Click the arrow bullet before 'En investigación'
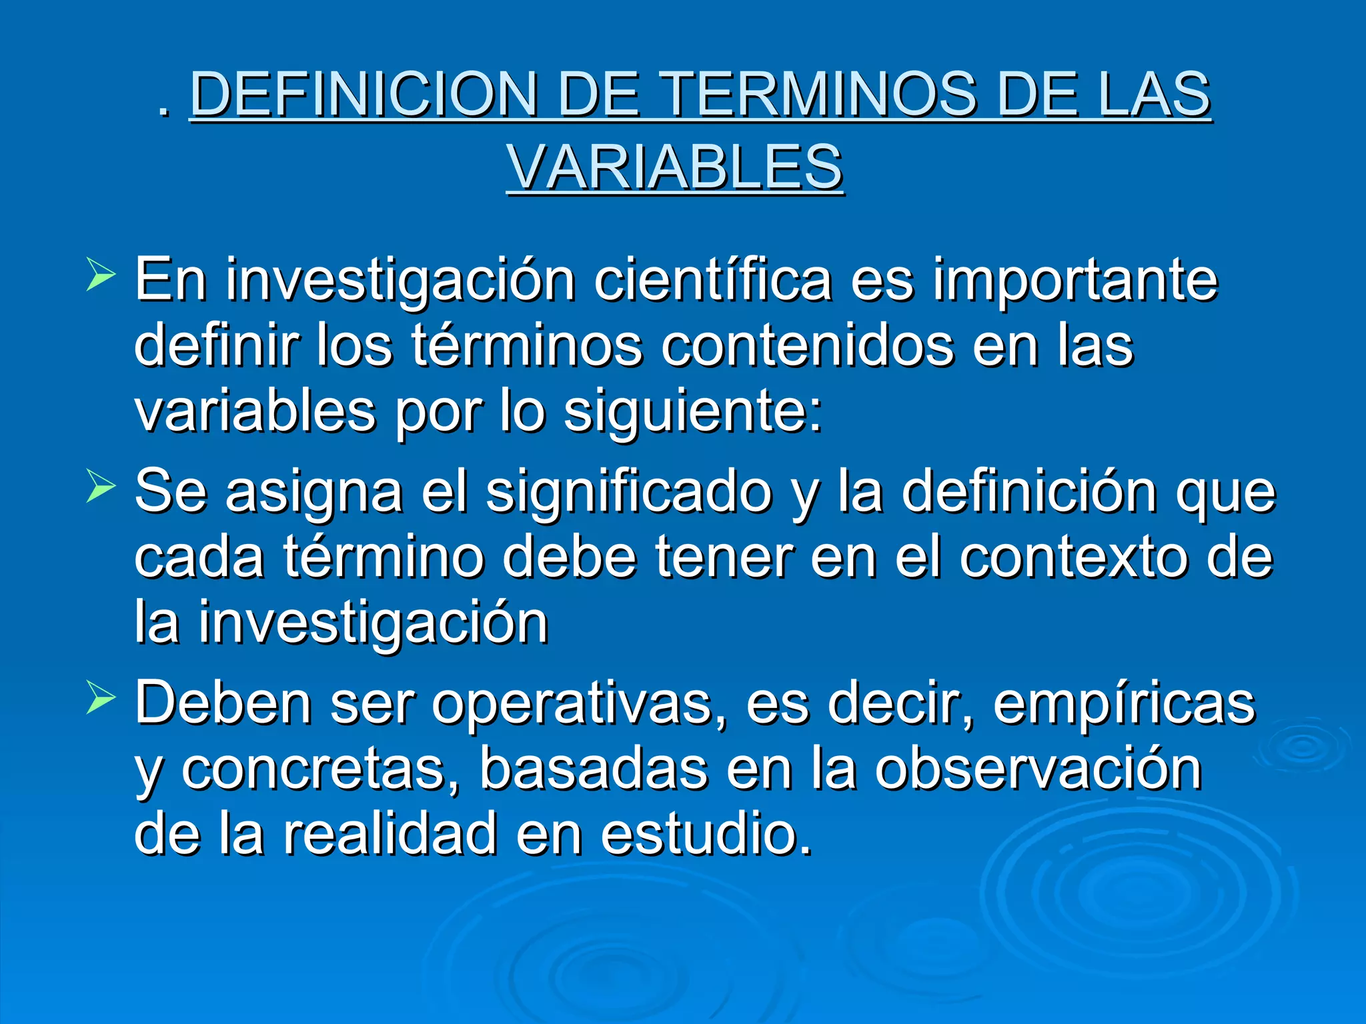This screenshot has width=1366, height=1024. click(x=101, y=277)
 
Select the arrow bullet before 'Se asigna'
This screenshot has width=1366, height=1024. click(x=101, y=489)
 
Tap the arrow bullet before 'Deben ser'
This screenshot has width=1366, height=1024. click(x=101, y=701)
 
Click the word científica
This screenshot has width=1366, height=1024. click(x=712, y=280)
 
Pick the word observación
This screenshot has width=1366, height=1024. click(x=1039, y=769)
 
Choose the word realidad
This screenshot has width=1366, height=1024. click(x=390, y=833)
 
